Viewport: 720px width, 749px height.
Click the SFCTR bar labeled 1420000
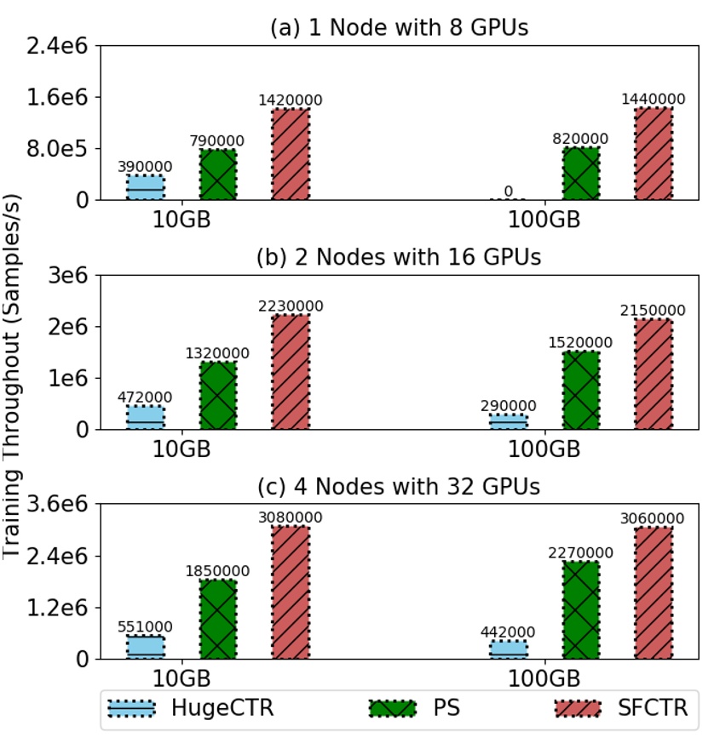click(291, 154)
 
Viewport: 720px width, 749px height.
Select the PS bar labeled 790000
click(218, 174)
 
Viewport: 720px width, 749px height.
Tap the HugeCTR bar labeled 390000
click(146, 187)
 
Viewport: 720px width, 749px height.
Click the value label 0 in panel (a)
click(508, 192)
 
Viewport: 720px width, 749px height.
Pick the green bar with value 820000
click(580, 174)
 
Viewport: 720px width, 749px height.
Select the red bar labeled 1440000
click(654, 153)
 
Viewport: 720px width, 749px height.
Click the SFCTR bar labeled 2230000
click(291, 372)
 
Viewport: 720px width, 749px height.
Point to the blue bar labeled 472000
click(146, 417)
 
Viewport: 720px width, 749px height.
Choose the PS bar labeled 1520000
click(580, 390)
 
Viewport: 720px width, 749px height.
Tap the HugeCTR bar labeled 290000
click(508, 421)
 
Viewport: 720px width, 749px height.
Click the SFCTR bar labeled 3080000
click(291, 592)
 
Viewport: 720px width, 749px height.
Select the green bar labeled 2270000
click(580, 609)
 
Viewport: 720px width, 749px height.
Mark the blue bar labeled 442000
click(508, 649)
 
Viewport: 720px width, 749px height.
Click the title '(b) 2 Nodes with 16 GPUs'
click(400, 257)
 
